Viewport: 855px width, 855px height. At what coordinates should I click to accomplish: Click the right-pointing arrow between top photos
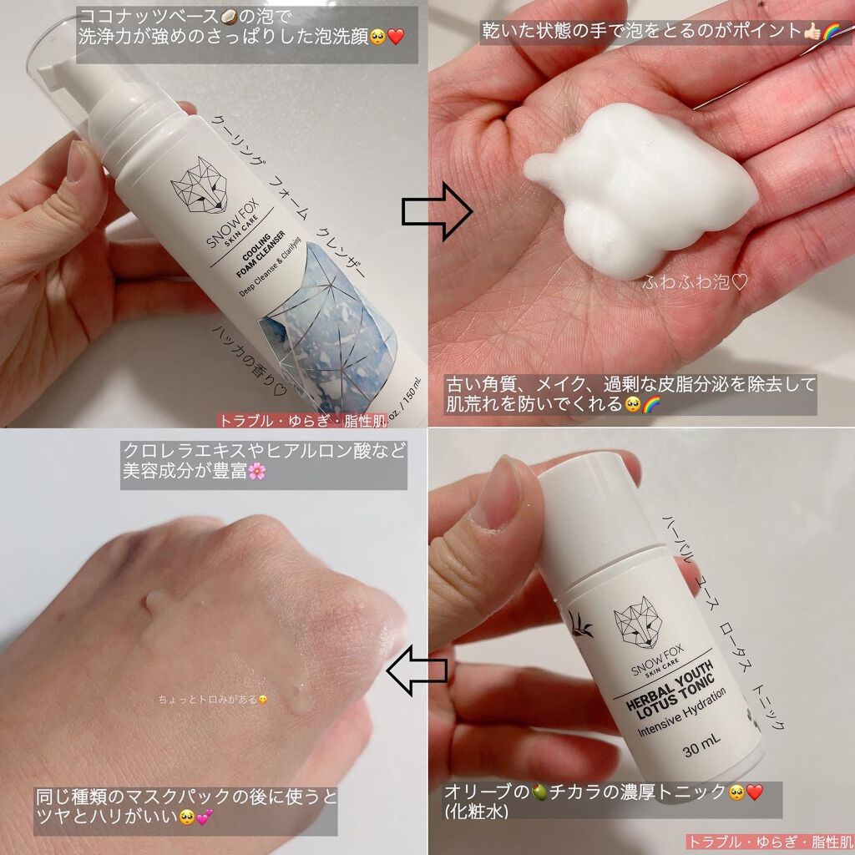pyautogui.click(x=437, y=213)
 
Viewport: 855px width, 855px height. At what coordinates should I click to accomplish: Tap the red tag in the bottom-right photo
pyautogui.click(x=769, y=842)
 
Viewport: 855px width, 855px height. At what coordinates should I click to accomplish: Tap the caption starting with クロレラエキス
pyautogui.click(x=264, y=463)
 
